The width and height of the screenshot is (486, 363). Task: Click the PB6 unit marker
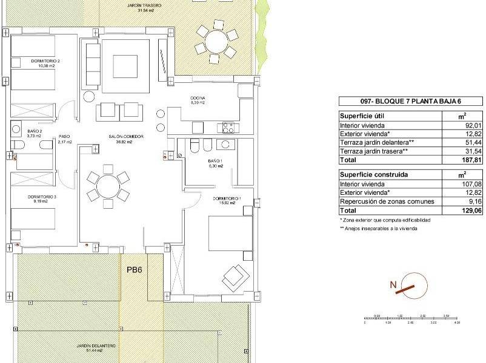pyautogui.click(x=134, y=272)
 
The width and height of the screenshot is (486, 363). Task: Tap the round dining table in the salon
pyautogui.click(x=108, y=186)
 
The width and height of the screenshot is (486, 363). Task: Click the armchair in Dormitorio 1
pyautogui.click(x=236, y=278)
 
